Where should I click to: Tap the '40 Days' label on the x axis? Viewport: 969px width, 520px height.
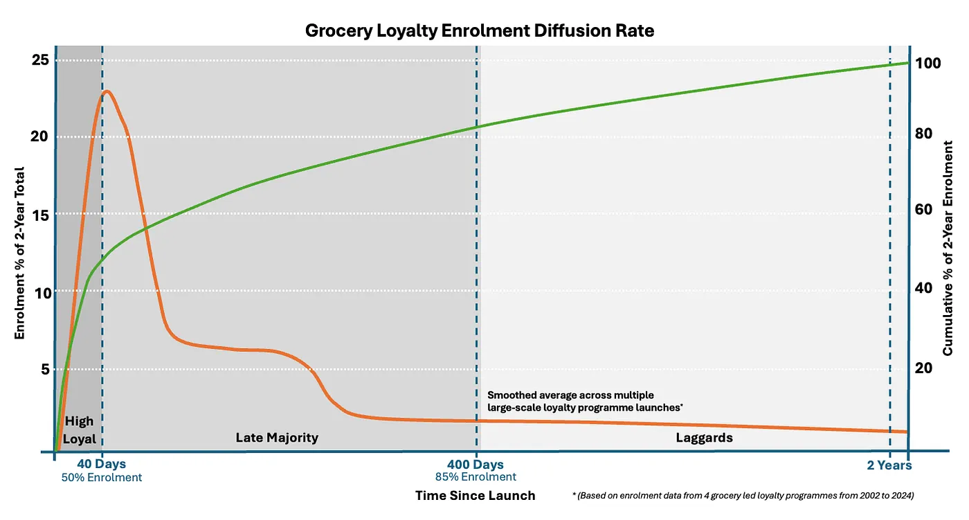click(101, 464)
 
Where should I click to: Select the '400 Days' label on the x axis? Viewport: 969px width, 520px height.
click(476, 464)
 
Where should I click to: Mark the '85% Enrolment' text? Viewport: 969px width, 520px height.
click(476, 477)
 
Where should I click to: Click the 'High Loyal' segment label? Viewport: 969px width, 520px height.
click(79, 430)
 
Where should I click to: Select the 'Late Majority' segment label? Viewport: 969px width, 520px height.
click(277, 438)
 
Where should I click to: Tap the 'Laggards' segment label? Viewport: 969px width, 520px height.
click(704, 438)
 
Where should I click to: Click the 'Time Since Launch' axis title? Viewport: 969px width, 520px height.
click(475, 495)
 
